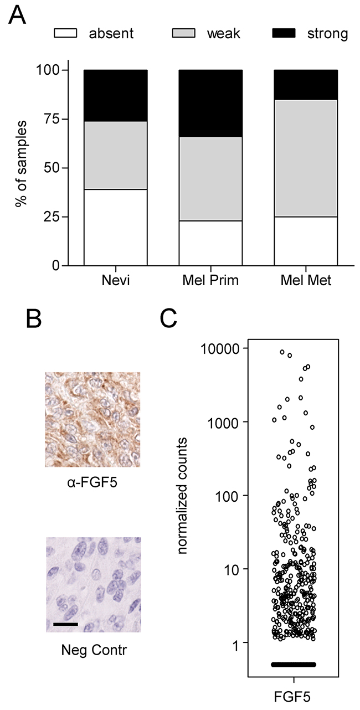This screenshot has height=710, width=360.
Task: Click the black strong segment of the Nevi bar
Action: [116, 96]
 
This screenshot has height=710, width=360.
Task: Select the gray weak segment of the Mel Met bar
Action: [306, 158]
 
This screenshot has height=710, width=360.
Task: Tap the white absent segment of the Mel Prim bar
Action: [211, 243]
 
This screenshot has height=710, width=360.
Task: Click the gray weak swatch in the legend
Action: [184, 33]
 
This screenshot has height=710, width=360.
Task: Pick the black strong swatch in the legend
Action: [284, 33]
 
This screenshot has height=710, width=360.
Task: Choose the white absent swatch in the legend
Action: [65, 33]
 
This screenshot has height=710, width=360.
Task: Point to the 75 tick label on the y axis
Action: [52, 119]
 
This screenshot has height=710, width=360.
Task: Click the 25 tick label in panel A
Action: [52, 217]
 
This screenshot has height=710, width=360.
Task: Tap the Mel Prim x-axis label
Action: [210, 281]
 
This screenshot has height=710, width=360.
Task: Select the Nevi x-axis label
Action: [116, 281]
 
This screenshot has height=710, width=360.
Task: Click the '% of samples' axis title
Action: [21, 163]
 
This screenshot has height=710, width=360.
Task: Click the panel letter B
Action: [34, 319]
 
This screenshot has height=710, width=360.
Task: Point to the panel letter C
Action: [168, 319]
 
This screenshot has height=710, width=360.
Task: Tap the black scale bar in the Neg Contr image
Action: [65, 624]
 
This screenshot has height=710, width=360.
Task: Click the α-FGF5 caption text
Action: [92, 483]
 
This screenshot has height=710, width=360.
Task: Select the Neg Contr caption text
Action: [94, 650]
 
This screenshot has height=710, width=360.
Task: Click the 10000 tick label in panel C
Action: [220, 349]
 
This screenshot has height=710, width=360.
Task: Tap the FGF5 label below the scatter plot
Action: [292, 697]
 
